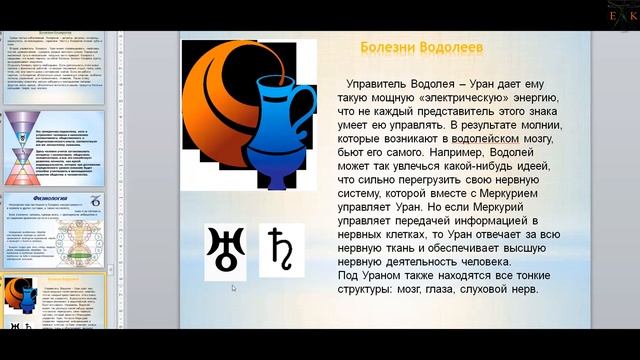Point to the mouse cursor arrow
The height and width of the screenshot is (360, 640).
[x=233, y=288]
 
